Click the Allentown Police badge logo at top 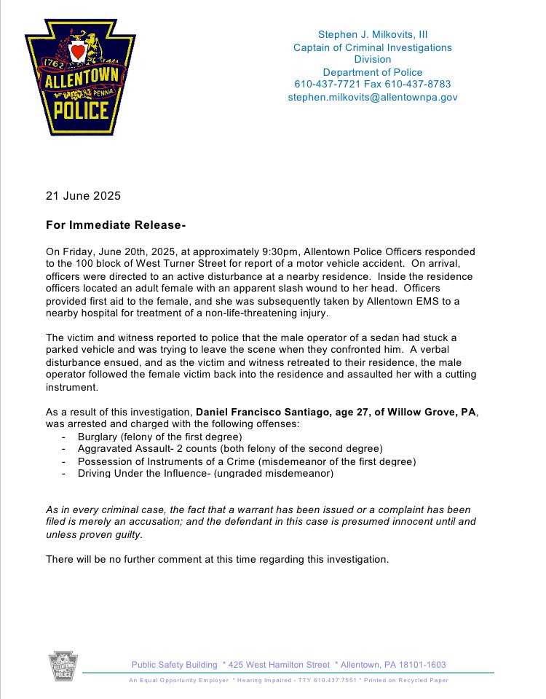(x=76, y=77)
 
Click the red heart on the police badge (x=77, y=52)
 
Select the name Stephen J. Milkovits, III (x=372, y=34)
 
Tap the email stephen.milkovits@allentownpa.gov (x=372, y=96)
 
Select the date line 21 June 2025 (x=83, y=195)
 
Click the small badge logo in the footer (x=63, y=667)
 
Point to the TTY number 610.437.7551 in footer (x=335, y=680)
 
